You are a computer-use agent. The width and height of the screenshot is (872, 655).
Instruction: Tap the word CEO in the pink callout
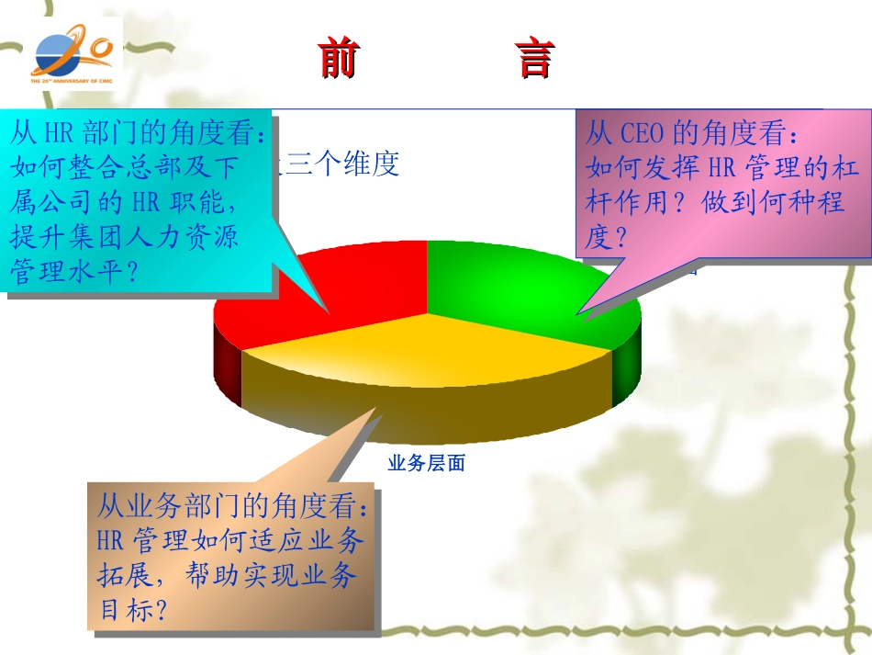click(x=643, y=134)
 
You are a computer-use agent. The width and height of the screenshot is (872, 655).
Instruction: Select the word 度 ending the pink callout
click(x=598, y=238)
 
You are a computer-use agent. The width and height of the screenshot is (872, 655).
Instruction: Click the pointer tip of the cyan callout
click(x=328, y=312)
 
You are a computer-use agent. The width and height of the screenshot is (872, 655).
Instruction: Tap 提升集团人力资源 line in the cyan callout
click(x=125, y=238)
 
